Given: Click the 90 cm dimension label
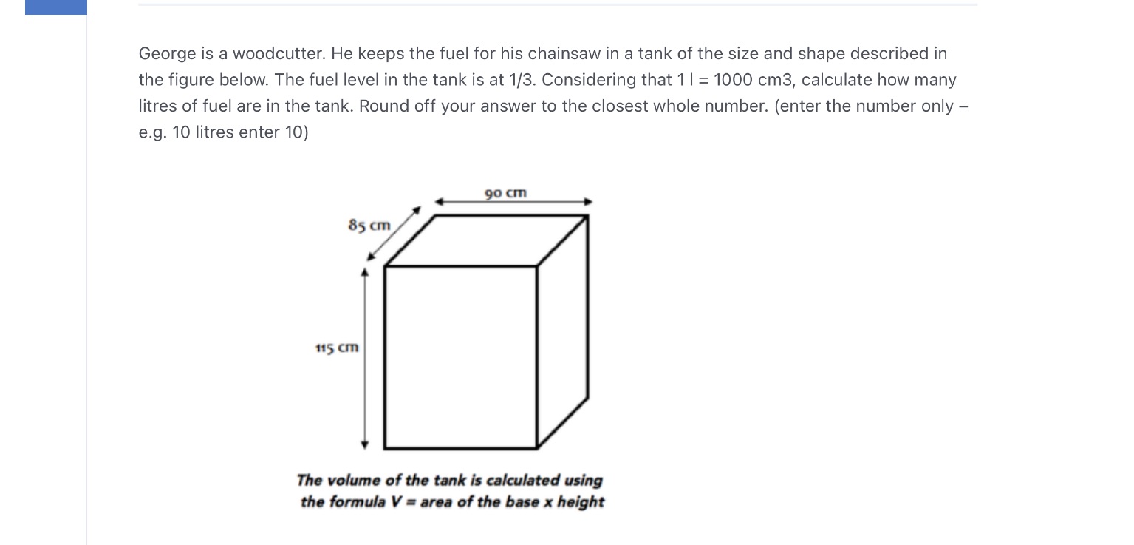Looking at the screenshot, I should (x=506, y=193).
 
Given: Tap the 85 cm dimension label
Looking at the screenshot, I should (x=369, y=224).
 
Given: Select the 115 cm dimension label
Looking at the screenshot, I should (x=337, y=347).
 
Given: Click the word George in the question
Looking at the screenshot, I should (x=167, y=53).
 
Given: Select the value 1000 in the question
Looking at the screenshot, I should (x=733, y=80).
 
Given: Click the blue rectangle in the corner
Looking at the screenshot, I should (x=56, y=7).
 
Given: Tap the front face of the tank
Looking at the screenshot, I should (x=460, y=356).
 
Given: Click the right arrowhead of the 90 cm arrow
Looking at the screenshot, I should (x=589, y=201).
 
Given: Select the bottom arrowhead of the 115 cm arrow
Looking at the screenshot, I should (x=364, y=444).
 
